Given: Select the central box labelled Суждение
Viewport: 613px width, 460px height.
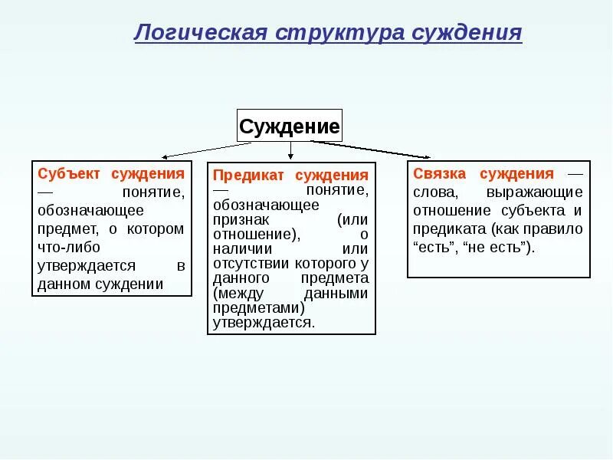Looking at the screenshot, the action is tap(289, 127).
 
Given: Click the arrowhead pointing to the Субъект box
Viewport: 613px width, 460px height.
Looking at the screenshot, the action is tap(163, 156).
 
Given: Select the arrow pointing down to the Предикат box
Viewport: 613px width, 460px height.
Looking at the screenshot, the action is tap(290, 152).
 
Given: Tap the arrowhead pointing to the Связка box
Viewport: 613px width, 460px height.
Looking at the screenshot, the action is tap(427, 156).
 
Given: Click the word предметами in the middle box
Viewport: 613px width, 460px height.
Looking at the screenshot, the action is tap(260, 307).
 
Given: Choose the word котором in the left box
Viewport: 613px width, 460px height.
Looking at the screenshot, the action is tap(157, 229).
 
